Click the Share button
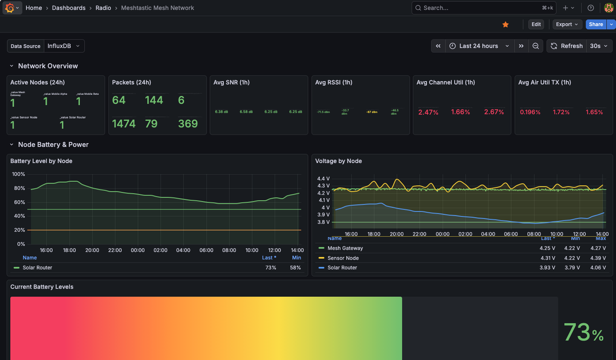pyautogui.click(x=595, y=24)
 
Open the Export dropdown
pyautogui.click(x=567, y=24)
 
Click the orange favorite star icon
pyautogui.click(x=506, y=24)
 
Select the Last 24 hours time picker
pyautogui.click(x=479, y=46)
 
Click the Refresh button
pyautogui.click(x=567, y=46)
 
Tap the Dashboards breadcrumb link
pyautogui.click(x=69, y=8)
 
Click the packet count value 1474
pyautogui.click(x=124, y=123)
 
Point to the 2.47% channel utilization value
pyautogui.click(x=429, y=112)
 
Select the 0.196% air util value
pyautogui.click(x=530, y=112)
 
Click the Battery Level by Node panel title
pyautogui.click(x=41, y=161)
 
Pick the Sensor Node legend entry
pyautogui.click(x=343, y=258)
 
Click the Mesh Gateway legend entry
pyautogui.click(x=345, y=248)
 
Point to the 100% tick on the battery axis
pyautogui.click(x=18, y=174)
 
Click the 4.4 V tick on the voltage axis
pyautogui.click(x=324, y=178)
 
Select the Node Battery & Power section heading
pyautogui.click(x=53, y=144)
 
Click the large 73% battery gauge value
pyautogui.click(x=583, y=332)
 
